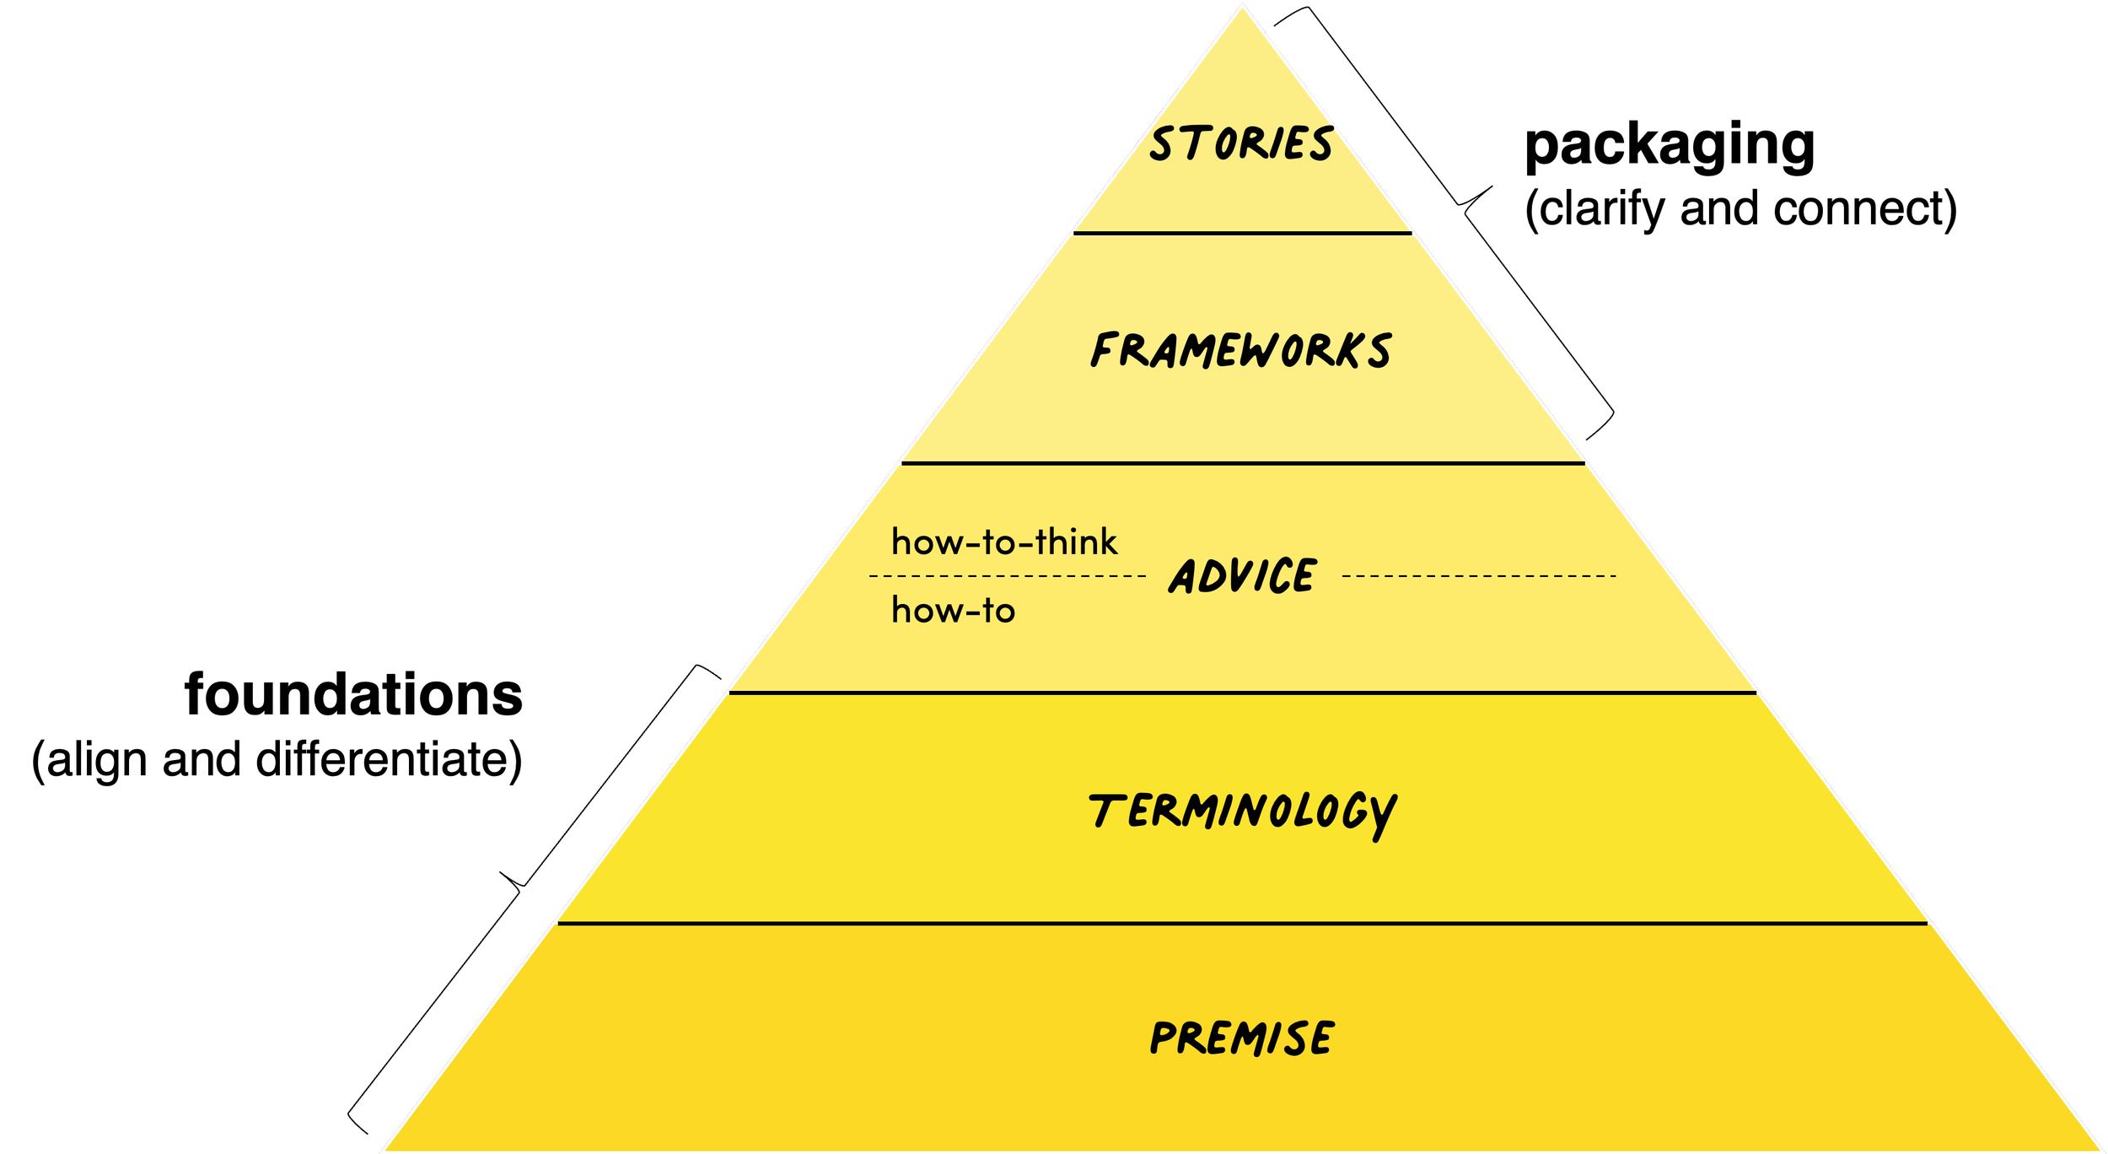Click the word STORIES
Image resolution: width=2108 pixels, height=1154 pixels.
tap(1241, 143)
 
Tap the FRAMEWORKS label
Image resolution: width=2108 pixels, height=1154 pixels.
tap(1241, 350)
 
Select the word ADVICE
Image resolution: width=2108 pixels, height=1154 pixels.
tap(1242, 576)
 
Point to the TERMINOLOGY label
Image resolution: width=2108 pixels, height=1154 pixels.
tap(1242, 812)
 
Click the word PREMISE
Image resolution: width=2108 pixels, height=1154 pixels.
tap(1242, 1038)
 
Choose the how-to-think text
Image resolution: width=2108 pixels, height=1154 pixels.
tap(1004, 542)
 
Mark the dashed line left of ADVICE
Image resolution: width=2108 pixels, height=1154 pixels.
tap(1008, 576)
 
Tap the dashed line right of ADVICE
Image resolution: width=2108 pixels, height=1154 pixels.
tap(1478, 576)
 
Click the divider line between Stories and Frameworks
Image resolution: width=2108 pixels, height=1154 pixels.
tap(1242, 233)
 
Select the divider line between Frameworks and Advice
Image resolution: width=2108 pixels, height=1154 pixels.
tap(1242, 463)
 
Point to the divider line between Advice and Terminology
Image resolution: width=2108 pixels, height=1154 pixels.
tap(1242, 693)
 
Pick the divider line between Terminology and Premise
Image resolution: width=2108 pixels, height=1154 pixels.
tap(1242, 924)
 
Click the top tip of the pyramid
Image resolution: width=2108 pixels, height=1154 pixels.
tap(1242, 7)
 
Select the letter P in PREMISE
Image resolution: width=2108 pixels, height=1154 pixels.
tap(1164, 1038)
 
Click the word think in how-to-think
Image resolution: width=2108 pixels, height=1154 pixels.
tap(1076, 542)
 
